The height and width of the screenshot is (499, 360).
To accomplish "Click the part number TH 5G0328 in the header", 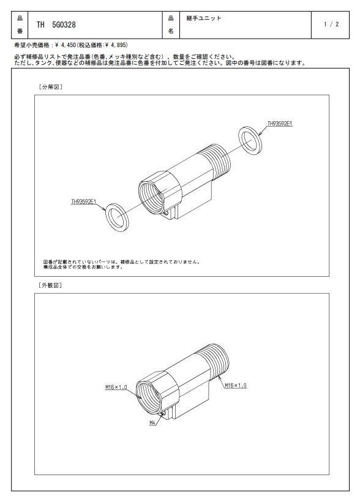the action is click(56, 25).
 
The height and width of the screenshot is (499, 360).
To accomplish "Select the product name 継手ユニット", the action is click(204, 18).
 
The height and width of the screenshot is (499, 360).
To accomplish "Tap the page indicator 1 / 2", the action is click(331, 24).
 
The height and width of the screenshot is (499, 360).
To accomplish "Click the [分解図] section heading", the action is click(50, 87).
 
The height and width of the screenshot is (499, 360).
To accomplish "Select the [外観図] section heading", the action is click(50, 285).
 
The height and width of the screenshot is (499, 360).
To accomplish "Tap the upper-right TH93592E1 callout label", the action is click(280, 124).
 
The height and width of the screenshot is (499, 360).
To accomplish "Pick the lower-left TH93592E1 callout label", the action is click(84, 202).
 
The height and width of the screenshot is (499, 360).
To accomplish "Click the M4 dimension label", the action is click(152, 423).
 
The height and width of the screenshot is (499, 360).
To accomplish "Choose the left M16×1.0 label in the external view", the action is click(116, 388).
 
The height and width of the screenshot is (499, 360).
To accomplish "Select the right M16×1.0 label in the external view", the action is click(236, 386).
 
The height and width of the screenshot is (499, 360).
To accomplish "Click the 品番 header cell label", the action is click(20, 25).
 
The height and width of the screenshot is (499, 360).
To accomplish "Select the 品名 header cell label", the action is click(171, 25).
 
